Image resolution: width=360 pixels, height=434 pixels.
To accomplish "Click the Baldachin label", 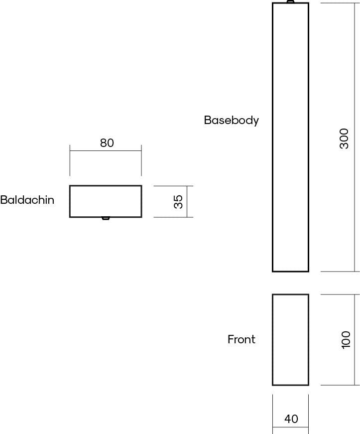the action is point(27,200).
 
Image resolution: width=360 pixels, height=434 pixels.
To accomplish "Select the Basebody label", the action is point(232,121).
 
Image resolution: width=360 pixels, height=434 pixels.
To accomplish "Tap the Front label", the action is point(241,339).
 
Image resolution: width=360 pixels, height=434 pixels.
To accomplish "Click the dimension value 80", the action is point(107,143).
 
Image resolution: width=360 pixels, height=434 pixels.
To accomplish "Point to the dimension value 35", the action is point(178,201).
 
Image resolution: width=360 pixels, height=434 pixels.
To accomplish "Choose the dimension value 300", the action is point(344,139).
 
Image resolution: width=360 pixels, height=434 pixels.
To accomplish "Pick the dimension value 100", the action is point(346,340).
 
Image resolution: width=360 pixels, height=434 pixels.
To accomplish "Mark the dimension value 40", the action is point(291,419).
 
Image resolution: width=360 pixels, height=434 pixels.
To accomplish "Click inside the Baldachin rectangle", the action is point(106,201).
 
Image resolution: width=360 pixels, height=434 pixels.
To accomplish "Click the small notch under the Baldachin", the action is point(106,218).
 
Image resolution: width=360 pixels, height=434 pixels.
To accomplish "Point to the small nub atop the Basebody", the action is point(290,1).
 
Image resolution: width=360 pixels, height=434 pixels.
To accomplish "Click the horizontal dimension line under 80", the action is point(106,151).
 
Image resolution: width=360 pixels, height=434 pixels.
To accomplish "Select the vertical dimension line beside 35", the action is point(187,201).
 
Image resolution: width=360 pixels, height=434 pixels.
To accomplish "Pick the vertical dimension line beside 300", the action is point(355,138).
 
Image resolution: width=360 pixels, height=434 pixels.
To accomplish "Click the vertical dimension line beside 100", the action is point(355,340).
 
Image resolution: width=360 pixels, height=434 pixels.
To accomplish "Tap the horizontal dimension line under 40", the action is point(291,427).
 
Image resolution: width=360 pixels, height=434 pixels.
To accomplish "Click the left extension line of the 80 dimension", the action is point(70,160).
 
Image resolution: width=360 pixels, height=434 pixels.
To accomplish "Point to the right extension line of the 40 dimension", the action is point(309,414).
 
